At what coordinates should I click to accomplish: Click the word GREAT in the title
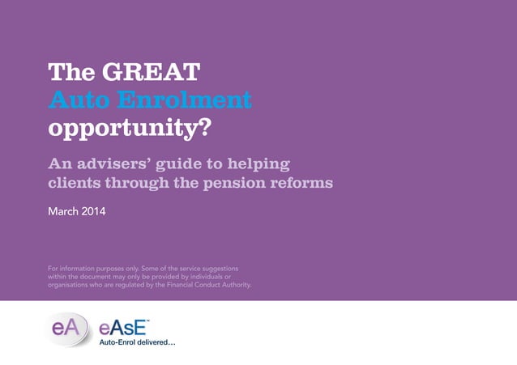coord(150,73)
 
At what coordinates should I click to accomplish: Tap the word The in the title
coord(71,73)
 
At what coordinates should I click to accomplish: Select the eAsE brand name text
coord(122,328)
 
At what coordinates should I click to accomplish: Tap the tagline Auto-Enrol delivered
coord(137,343)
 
